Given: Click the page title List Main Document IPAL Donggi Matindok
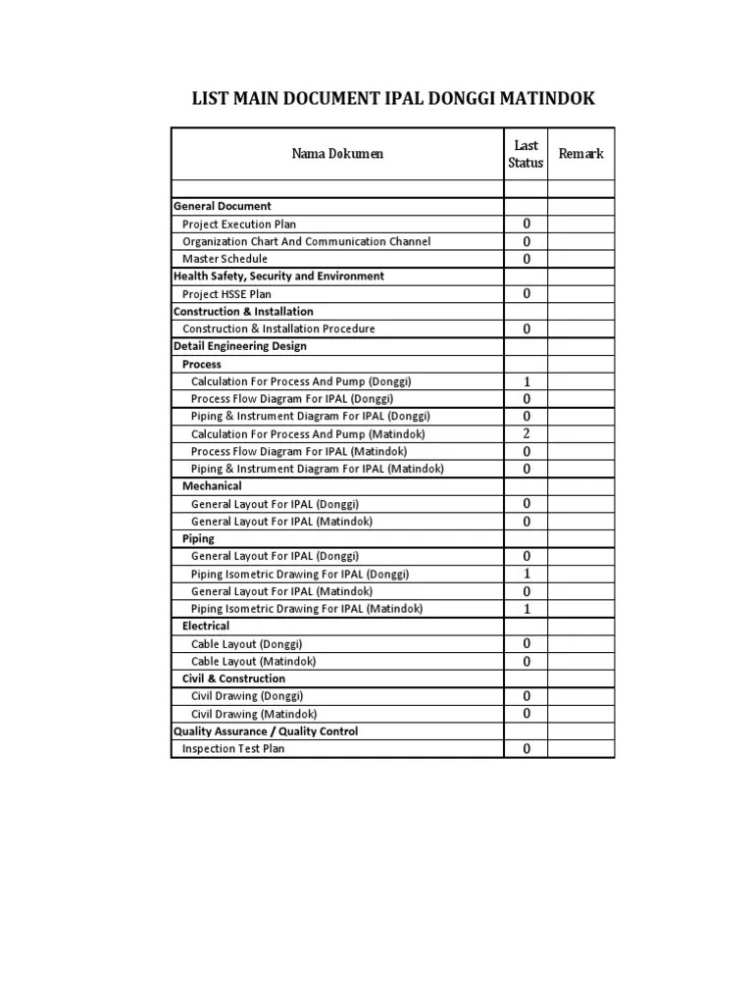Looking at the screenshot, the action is point(392,99).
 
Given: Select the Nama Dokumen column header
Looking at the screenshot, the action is point(337,154).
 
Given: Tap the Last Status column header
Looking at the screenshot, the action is point(526,154).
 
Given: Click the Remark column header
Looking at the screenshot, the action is point(580,154).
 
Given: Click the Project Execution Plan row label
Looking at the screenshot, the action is point(239,225).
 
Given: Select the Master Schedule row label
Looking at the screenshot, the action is point(225,259).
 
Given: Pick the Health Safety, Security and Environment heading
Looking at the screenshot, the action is point(278,276).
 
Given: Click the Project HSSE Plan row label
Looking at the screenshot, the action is point(227,294).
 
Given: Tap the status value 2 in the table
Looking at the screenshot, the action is point(526,433).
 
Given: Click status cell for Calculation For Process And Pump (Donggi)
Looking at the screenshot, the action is point(526,381).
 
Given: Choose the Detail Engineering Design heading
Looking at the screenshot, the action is point(240,346).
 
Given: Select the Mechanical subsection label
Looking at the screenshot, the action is point(212,486).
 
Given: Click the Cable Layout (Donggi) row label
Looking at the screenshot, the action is point(247,644).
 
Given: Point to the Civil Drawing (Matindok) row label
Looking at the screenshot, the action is point(254,715).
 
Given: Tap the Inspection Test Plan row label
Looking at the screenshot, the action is point(234,749).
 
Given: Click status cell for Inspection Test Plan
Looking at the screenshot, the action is point(526,749).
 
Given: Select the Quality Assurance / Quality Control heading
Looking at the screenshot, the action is point(266,731).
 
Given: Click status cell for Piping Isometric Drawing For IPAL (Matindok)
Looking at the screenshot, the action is point(526,609).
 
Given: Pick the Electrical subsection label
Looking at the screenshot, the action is point(206,626).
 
